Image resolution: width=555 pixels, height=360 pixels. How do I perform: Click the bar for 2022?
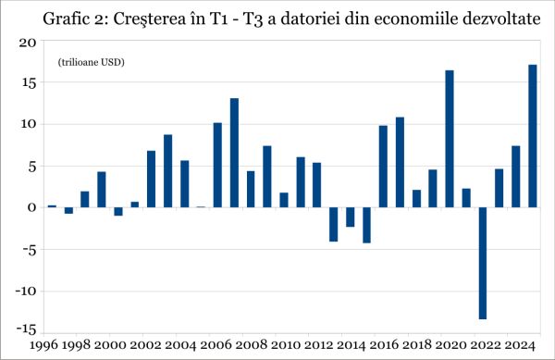coord(483,263)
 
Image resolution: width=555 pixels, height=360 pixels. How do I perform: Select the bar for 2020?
coord(450,139)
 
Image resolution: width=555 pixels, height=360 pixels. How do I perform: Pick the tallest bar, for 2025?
coord(532,136)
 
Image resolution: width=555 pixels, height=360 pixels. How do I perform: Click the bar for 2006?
coord(217,165)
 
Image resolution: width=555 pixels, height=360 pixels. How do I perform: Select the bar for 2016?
coord(383,167)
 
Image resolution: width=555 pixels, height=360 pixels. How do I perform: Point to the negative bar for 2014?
coord(350,217)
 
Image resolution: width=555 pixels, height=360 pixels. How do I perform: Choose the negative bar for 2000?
coord(118,211)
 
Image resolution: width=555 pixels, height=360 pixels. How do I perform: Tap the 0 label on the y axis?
coord(31,207)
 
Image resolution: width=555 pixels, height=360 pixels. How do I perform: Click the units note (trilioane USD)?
coord(91,62)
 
